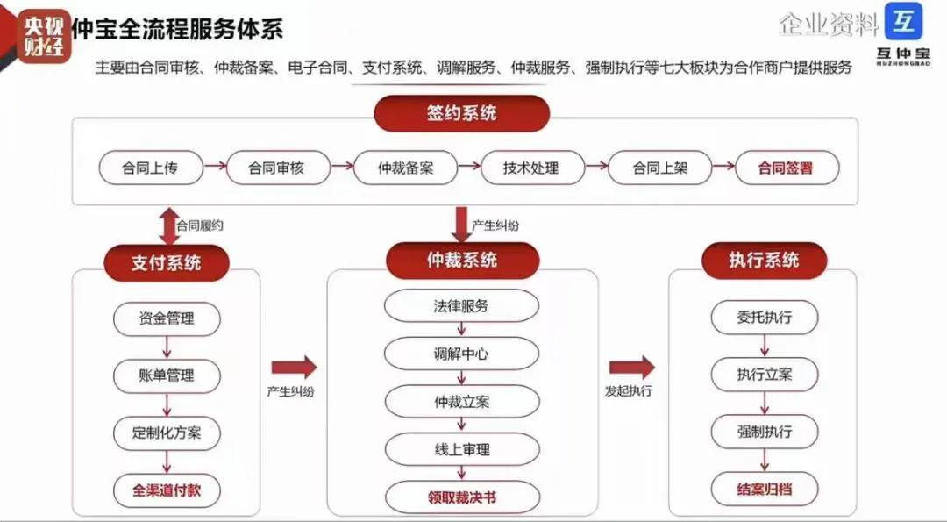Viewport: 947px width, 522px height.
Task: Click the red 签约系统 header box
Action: [461, 114]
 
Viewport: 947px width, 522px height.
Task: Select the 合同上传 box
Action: [151, 168]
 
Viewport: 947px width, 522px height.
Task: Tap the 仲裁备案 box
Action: [405, 168]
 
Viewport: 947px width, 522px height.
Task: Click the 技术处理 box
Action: [531, 168]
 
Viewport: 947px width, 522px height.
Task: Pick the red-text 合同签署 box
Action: [786, 168]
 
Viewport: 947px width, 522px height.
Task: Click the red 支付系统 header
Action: [167, 262]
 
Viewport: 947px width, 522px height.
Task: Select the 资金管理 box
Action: [167, 318]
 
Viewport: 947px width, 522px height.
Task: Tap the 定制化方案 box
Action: [167, 433]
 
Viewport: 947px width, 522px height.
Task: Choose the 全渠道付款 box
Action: [167, 490]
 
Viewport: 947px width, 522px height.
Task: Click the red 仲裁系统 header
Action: [461, 261]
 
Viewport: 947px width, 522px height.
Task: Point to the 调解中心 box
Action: [461, 354]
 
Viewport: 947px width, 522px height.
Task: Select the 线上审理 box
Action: [461, 449]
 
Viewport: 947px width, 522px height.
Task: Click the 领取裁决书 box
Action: [461, 497]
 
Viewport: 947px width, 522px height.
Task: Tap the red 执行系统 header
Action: [764, 261]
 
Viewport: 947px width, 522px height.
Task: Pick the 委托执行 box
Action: [764, 317]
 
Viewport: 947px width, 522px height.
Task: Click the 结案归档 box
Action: [764, 489]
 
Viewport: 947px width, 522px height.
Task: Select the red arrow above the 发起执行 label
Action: [631, 368]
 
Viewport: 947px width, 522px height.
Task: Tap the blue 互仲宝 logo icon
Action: [904, 22]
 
